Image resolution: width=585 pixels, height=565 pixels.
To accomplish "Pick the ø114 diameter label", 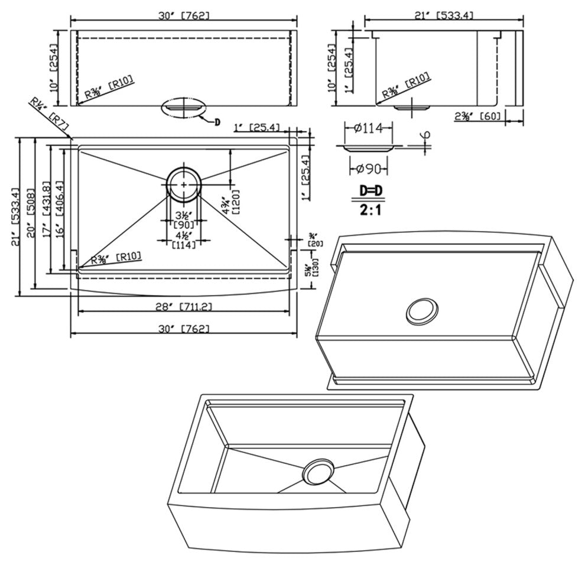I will [367, 127].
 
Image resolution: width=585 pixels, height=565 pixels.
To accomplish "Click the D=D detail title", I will [371, 191].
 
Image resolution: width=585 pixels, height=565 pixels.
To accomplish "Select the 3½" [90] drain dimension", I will [183, 220].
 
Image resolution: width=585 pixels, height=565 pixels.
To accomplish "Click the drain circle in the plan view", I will [184, 184].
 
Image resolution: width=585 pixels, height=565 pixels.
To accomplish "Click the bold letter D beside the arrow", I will [217, 122].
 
